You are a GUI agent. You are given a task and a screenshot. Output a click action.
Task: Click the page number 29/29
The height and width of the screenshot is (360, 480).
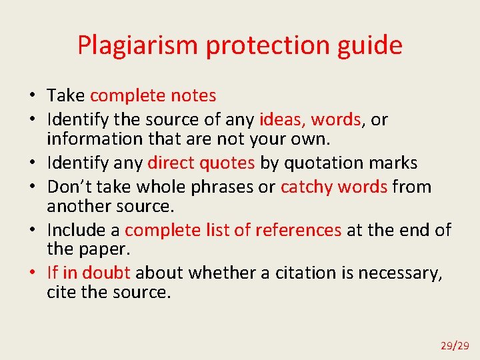(x=455, y=345)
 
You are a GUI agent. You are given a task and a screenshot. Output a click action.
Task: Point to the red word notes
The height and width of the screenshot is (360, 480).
(x=193, y=96)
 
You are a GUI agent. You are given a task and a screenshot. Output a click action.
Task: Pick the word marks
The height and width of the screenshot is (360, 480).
(x=394, y=163)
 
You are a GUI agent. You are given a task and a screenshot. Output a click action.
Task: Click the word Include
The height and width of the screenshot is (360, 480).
(x=76, y=231)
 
